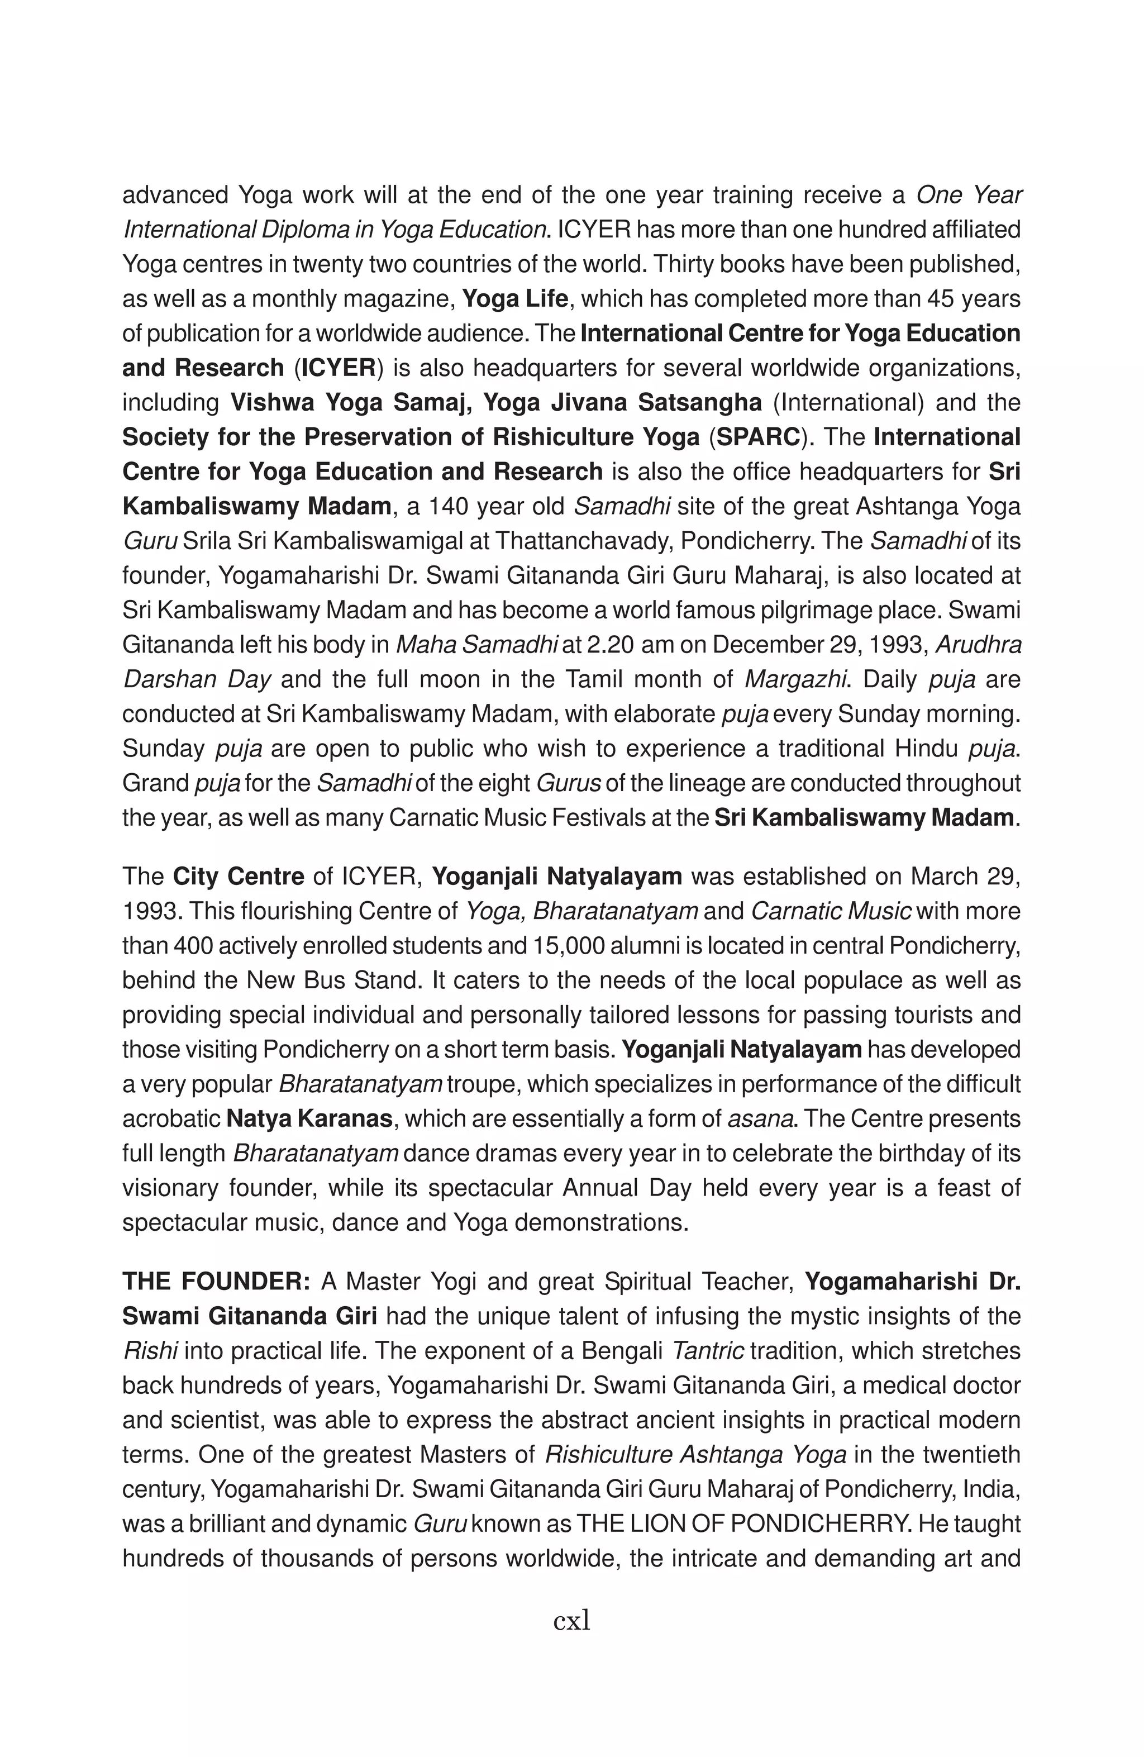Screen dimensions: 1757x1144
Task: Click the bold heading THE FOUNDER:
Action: coord(216,1282)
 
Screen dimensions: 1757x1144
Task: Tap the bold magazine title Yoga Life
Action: coord(514,299)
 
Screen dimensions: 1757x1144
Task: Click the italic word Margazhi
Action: coord(794,679)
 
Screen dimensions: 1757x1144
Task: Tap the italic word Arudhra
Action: coord(979,645)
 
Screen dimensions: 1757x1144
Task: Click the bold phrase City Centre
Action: coord(239,877)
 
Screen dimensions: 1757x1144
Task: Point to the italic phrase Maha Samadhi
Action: coord(476,645)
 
